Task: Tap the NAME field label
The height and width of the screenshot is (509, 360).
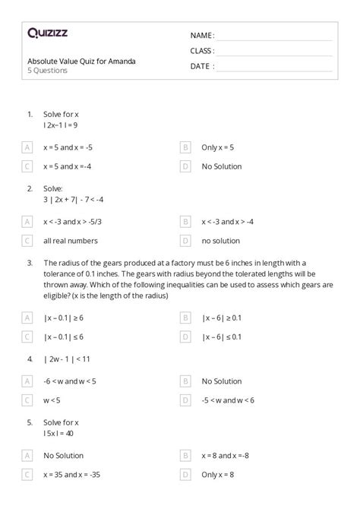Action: tap(202, 35)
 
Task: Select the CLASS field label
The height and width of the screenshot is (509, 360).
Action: tap(202, 51)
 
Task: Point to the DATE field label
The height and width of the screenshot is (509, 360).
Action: tap(201, 66)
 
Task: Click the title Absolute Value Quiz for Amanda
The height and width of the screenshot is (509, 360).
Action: tap(81, 61)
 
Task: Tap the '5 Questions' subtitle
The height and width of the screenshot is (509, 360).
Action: tap(47, 71)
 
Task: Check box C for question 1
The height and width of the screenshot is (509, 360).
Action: tap(27, 166)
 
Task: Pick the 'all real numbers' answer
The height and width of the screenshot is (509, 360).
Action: tap(71, 241)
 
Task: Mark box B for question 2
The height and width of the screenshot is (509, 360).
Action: tap(185, 221)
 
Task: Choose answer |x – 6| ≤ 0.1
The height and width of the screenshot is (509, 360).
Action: tap(222, 336)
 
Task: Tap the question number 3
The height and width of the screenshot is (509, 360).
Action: tap(29, 262)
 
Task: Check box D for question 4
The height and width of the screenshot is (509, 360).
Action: tap(185, 400)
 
